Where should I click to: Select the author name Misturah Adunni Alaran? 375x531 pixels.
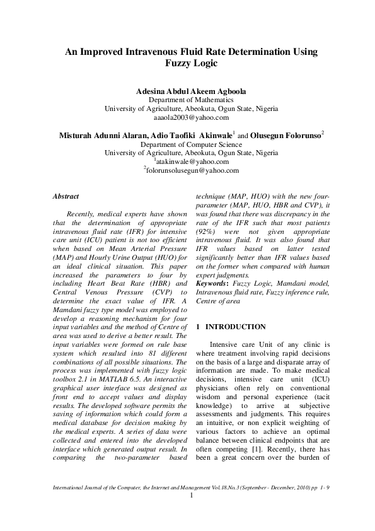click(x=103, y=135)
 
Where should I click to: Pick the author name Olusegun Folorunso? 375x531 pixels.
click(x=286, y=135)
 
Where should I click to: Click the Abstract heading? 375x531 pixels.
click(x=66, y=197)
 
